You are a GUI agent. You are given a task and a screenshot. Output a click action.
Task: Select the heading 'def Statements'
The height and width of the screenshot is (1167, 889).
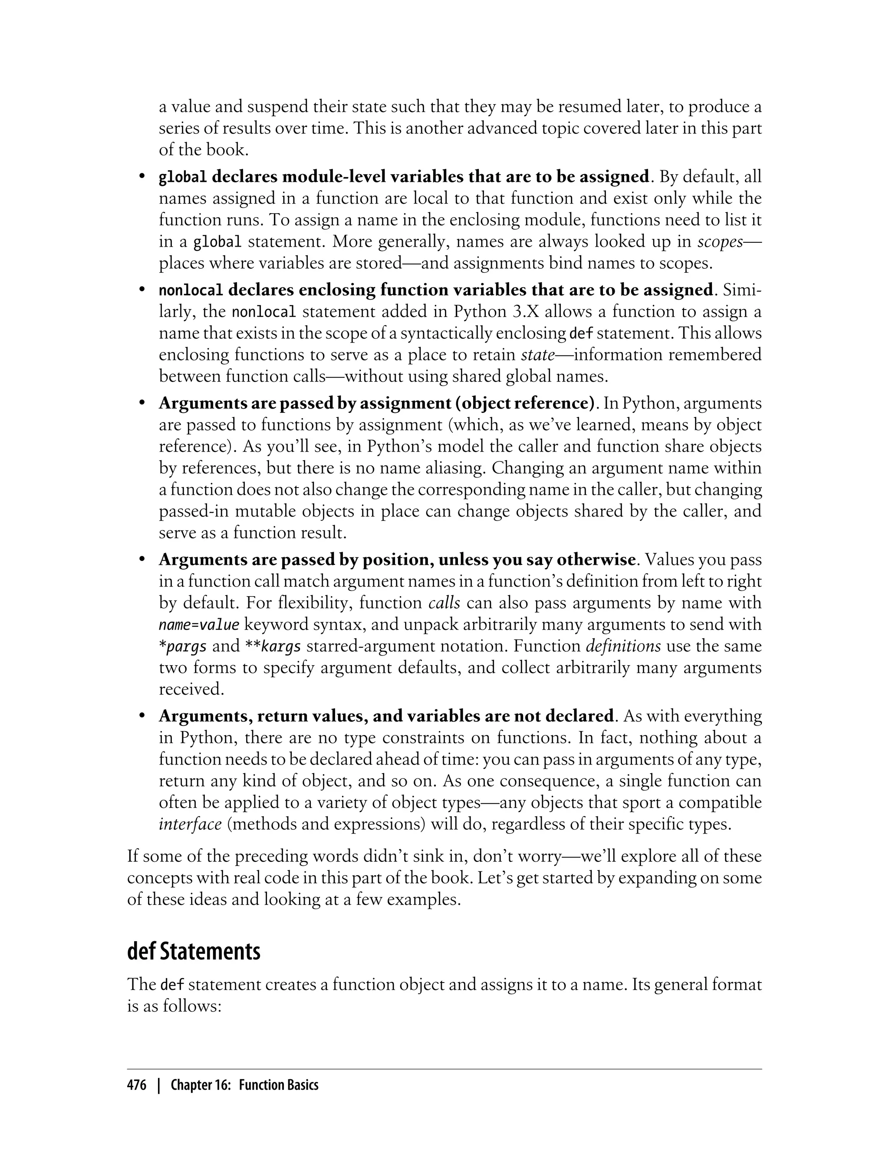click(194, 951)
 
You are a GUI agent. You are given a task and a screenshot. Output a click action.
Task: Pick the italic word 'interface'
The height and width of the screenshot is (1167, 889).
click(190, 824)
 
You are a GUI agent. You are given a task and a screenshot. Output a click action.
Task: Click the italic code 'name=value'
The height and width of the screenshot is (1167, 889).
click(199, 625)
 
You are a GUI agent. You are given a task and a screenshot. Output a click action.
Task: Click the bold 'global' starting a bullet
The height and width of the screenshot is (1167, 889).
click(183, 177)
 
